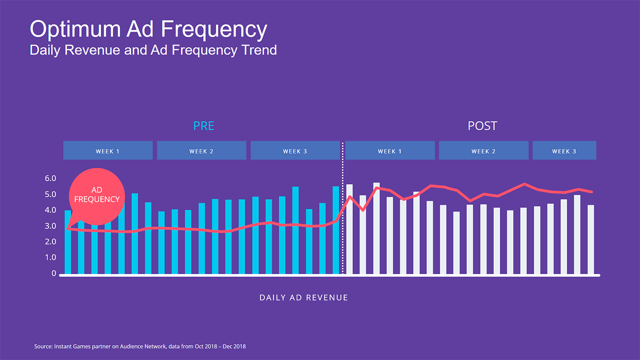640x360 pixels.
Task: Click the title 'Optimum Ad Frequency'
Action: [148, 29]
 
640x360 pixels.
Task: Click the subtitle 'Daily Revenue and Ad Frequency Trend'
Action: [153, 50]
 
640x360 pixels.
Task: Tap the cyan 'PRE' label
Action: [204, 126]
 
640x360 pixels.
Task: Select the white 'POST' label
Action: [482, 126]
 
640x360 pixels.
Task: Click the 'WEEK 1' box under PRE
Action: [108, 151]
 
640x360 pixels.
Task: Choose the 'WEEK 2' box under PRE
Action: [201, 151]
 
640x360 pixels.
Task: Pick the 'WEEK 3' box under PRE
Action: [295, 151]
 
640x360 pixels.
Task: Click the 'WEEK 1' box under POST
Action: [390, 151]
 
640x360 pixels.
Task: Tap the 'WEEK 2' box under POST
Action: [483, 151]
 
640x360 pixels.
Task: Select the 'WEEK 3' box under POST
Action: [564, 151]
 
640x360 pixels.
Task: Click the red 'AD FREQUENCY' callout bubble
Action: [97, 195]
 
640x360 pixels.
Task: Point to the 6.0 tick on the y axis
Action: [50, 178]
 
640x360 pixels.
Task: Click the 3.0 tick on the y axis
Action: [50, 226]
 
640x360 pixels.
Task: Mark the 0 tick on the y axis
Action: [54, 273]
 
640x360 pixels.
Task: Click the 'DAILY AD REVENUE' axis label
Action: [304, 297]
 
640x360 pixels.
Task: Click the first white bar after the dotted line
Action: [349, 230]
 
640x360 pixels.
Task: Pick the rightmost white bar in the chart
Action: [591, 240]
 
